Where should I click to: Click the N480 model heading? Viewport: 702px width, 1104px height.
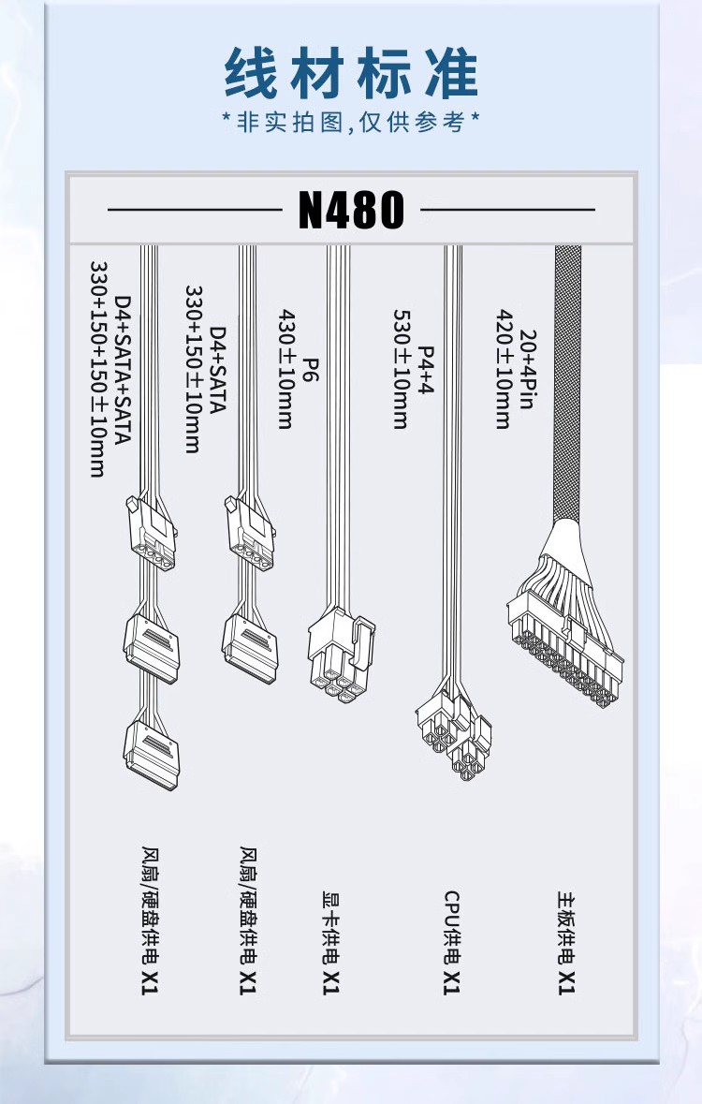pyautogui.click(x=351, y=209)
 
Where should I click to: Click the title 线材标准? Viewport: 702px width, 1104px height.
pyautogui.click(x=351, y=73)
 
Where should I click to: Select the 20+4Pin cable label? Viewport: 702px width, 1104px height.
pyautogui.click(x=528, y=369)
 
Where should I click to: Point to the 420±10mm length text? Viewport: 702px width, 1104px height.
pyautogui.click(x=505, y=369)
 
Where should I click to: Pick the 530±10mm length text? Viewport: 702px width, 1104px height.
pyautogui.click(x=401, y=369)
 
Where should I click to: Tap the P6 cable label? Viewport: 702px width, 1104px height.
pyautogui.click(x=311, y=369)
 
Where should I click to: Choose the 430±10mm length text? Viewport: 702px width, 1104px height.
pyautogui.click(x=285, y=369)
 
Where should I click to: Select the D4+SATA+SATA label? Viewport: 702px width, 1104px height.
pyautogui.click(x=123, y=369)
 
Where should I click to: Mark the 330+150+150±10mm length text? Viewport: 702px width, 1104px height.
pyautogui.click(x=98, y=369)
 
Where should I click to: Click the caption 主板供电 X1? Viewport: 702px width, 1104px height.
pyautogui.click(x=567, y=943)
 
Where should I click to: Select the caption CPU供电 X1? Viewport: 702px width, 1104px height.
pyautogui.click(x=451, y=943)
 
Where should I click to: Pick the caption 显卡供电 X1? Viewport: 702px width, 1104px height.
pyautogui.click(x=331, y=943)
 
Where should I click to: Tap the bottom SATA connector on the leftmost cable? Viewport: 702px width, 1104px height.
pyautogui.click(x=152, y=756)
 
